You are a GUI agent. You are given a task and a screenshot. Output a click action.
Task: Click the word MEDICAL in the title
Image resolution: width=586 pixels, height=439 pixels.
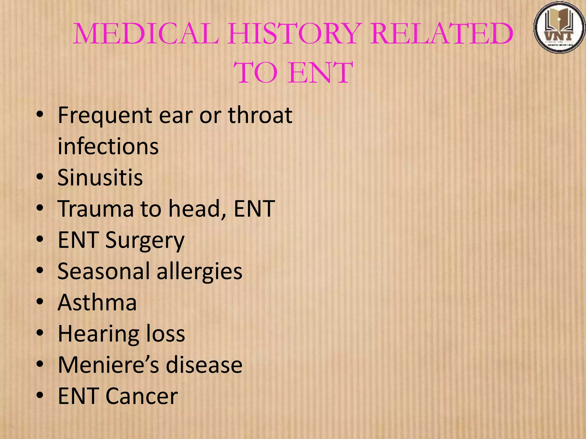(x=146, y=34)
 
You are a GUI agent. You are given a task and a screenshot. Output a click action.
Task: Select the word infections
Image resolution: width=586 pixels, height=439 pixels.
(x=108, y=146)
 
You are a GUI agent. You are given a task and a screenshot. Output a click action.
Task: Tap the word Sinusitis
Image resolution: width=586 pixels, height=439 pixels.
(x=100, y=177)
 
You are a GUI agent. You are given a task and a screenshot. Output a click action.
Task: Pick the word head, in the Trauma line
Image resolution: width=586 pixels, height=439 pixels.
(x=198, y=209)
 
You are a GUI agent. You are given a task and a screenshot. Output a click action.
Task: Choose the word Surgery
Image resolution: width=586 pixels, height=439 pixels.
(x=145, y=241)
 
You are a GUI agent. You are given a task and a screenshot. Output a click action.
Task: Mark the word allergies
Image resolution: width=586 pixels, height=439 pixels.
(x=199, y=272)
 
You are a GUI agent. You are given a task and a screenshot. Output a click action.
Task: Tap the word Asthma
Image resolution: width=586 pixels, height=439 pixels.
(x=97, y=302)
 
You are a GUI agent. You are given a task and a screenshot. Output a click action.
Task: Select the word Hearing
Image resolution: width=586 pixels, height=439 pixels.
(x=98, y=334)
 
